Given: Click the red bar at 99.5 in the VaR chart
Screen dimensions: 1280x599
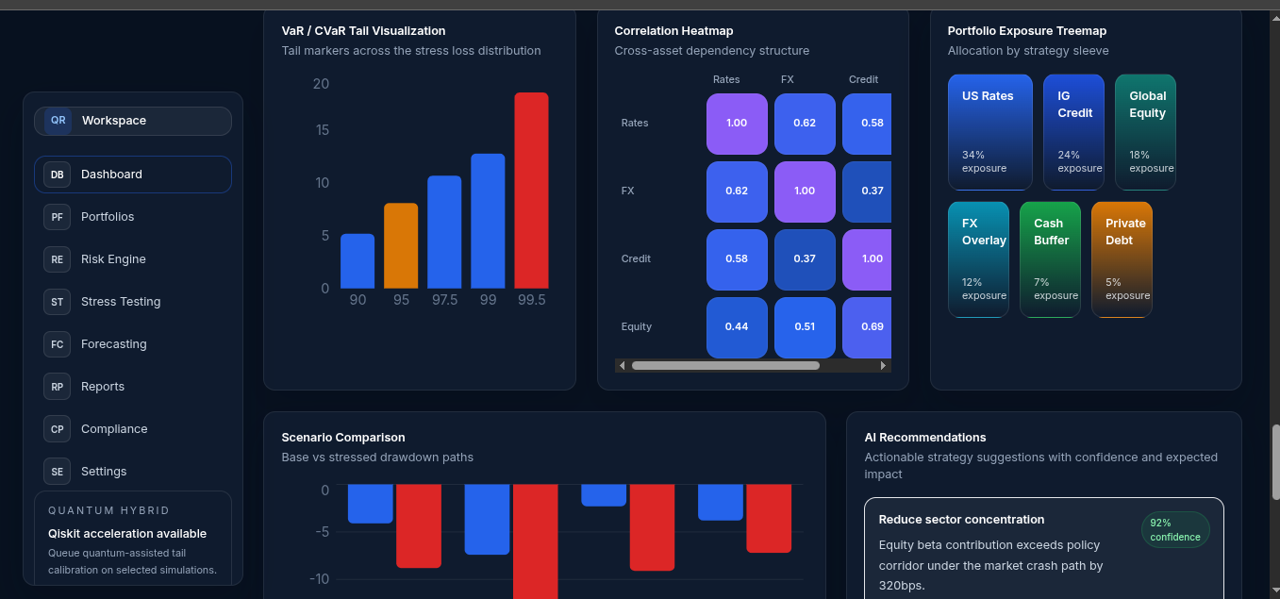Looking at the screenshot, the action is click(x=531, y=191).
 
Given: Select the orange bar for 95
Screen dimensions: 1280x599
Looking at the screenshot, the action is click(x=401, y=246).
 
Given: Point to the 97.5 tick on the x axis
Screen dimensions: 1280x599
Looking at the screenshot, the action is click(x=444, y=300).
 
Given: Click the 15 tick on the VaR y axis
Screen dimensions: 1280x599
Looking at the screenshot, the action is click(x=323, y=130).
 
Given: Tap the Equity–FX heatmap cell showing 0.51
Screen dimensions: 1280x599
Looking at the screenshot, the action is click(x=805, y=327).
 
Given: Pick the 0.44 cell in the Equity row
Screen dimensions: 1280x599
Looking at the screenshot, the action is click(x=737, y=327).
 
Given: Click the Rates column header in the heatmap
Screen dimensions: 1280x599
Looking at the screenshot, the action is click(x=726, y=79).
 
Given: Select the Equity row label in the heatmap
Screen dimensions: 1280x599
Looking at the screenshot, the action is click(x=637, y=326).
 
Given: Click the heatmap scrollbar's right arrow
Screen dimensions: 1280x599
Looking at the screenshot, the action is click(x=883, y=366).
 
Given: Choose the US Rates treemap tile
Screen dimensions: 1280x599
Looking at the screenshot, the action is click(x=990, y=132).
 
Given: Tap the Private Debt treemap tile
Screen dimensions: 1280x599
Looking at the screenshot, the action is click(x=1122, y=259).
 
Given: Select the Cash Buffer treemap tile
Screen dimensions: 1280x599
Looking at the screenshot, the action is click(x=1050, y=259).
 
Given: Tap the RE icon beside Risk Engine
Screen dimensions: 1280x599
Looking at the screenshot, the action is click(x=58, y=259).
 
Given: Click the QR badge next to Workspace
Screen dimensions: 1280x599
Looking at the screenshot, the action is click(x=58, y=121).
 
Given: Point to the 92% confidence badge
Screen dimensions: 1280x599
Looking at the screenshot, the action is click(x=1175, y=530).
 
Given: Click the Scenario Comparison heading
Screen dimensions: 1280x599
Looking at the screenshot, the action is click(x=343, y=438).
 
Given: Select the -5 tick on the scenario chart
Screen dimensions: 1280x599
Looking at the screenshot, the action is click(x=323, y=532).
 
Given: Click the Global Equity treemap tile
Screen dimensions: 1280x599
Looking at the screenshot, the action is click(x=1145, y=132).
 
